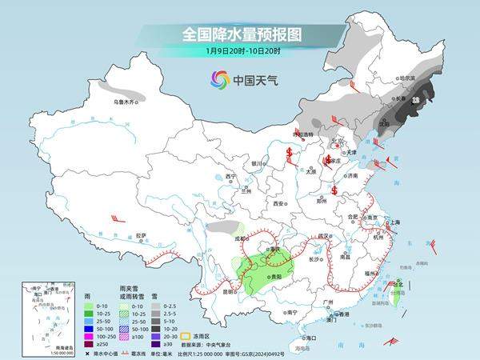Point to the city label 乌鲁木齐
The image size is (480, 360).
point(125,102)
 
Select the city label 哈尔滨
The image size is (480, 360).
point(408,78)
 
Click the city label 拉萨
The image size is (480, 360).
point(141,235)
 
